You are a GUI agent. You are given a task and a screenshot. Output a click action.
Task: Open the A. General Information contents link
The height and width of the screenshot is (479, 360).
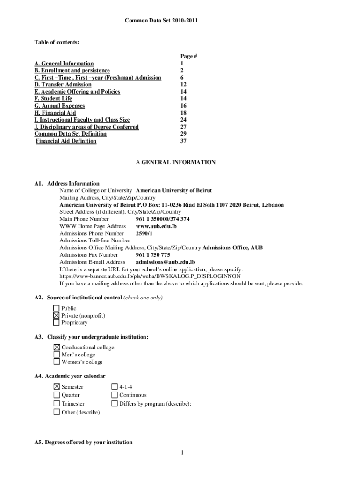pos(64,64)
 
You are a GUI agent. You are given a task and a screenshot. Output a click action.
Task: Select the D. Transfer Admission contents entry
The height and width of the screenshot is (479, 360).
pos(63,85)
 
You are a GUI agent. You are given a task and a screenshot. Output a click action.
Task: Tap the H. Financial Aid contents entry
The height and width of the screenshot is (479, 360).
pos(55,113)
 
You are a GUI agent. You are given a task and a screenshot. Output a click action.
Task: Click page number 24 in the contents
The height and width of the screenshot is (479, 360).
pos(183,120)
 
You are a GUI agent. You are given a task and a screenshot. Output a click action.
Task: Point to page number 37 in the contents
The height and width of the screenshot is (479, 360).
pos(183,141)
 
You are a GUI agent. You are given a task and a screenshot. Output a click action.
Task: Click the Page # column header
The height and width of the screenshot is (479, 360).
pos(188,56)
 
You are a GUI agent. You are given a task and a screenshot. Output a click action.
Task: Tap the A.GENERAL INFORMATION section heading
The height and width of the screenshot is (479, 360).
pos(176,162)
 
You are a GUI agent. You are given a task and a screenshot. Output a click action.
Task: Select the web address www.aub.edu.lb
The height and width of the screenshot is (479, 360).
pos(156,226)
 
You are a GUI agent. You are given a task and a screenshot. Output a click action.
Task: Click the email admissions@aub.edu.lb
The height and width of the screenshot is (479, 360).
pos(165,262)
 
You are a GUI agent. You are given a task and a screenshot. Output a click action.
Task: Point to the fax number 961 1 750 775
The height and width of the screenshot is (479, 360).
pos(152,255)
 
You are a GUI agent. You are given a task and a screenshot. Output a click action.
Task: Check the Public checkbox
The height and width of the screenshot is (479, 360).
pos(57,308)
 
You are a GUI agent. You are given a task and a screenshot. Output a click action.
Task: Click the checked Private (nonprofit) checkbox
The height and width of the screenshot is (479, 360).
pos(57,316)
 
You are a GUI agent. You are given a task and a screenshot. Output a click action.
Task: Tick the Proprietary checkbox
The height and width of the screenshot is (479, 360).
pos(57,323)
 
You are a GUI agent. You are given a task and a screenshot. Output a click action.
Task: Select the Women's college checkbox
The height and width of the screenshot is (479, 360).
pos(57,362)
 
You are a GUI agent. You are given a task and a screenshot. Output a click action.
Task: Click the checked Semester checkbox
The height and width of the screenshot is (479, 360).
pos(57,387)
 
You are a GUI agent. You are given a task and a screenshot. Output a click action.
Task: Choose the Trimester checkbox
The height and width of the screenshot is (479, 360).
pos(57,404)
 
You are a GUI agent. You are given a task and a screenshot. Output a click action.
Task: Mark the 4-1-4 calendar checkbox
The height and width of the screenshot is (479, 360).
pos(115,387)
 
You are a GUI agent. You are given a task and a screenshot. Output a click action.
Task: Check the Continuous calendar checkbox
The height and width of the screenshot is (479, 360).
pos(115,395)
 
